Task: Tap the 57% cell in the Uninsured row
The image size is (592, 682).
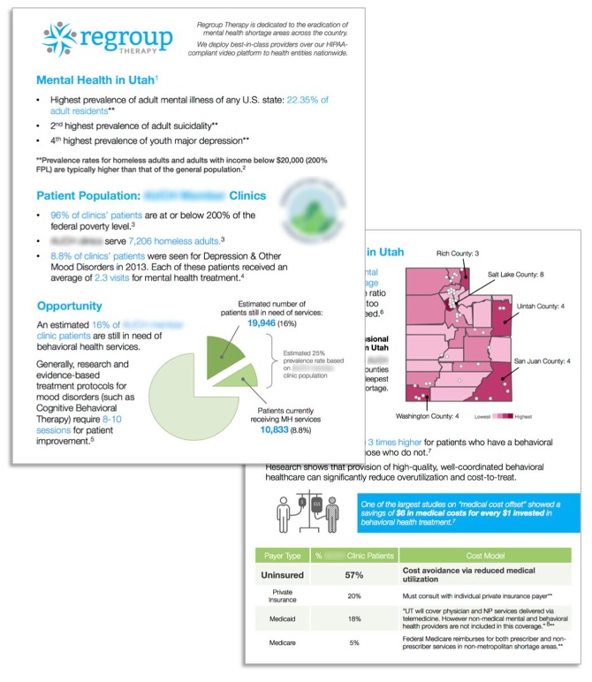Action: pyautogui.click(x=353, y=575)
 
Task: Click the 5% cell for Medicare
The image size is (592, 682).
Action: pyautogui.click(x=353, y=643)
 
